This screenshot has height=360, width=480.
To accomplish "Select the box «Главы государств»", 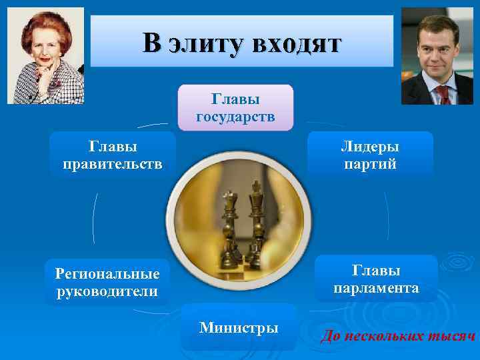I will click(x=235, y=108).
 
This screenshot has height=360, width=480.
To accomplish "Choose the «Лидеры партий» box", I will click(x=370, y=155).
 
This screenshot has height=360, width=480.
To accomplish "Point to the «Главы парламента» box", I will click(x=376, y=279).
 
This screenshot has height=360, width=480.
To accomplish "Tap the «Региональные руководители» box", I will click(x=107, y=283).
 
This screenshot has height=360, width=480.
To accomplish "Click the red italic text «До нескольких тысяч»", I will click(x=398, y=336).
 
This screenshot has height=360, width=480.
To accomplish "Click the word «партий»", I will click(x=370, y=164).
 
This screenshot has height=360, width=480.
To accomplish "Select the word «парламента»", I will click(x=376, y=289).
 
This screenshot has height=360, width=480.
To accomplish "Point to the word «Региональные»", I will click(x=107, y=274).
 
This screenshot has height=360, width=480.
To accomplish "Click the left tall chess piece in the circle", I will click(x=230, y=220).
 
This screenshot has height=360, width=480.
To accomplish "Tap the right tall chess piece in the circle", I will click(x=254, y=217).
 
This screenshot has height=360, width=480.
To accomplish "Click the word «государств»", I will click(x=235, y=117).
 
